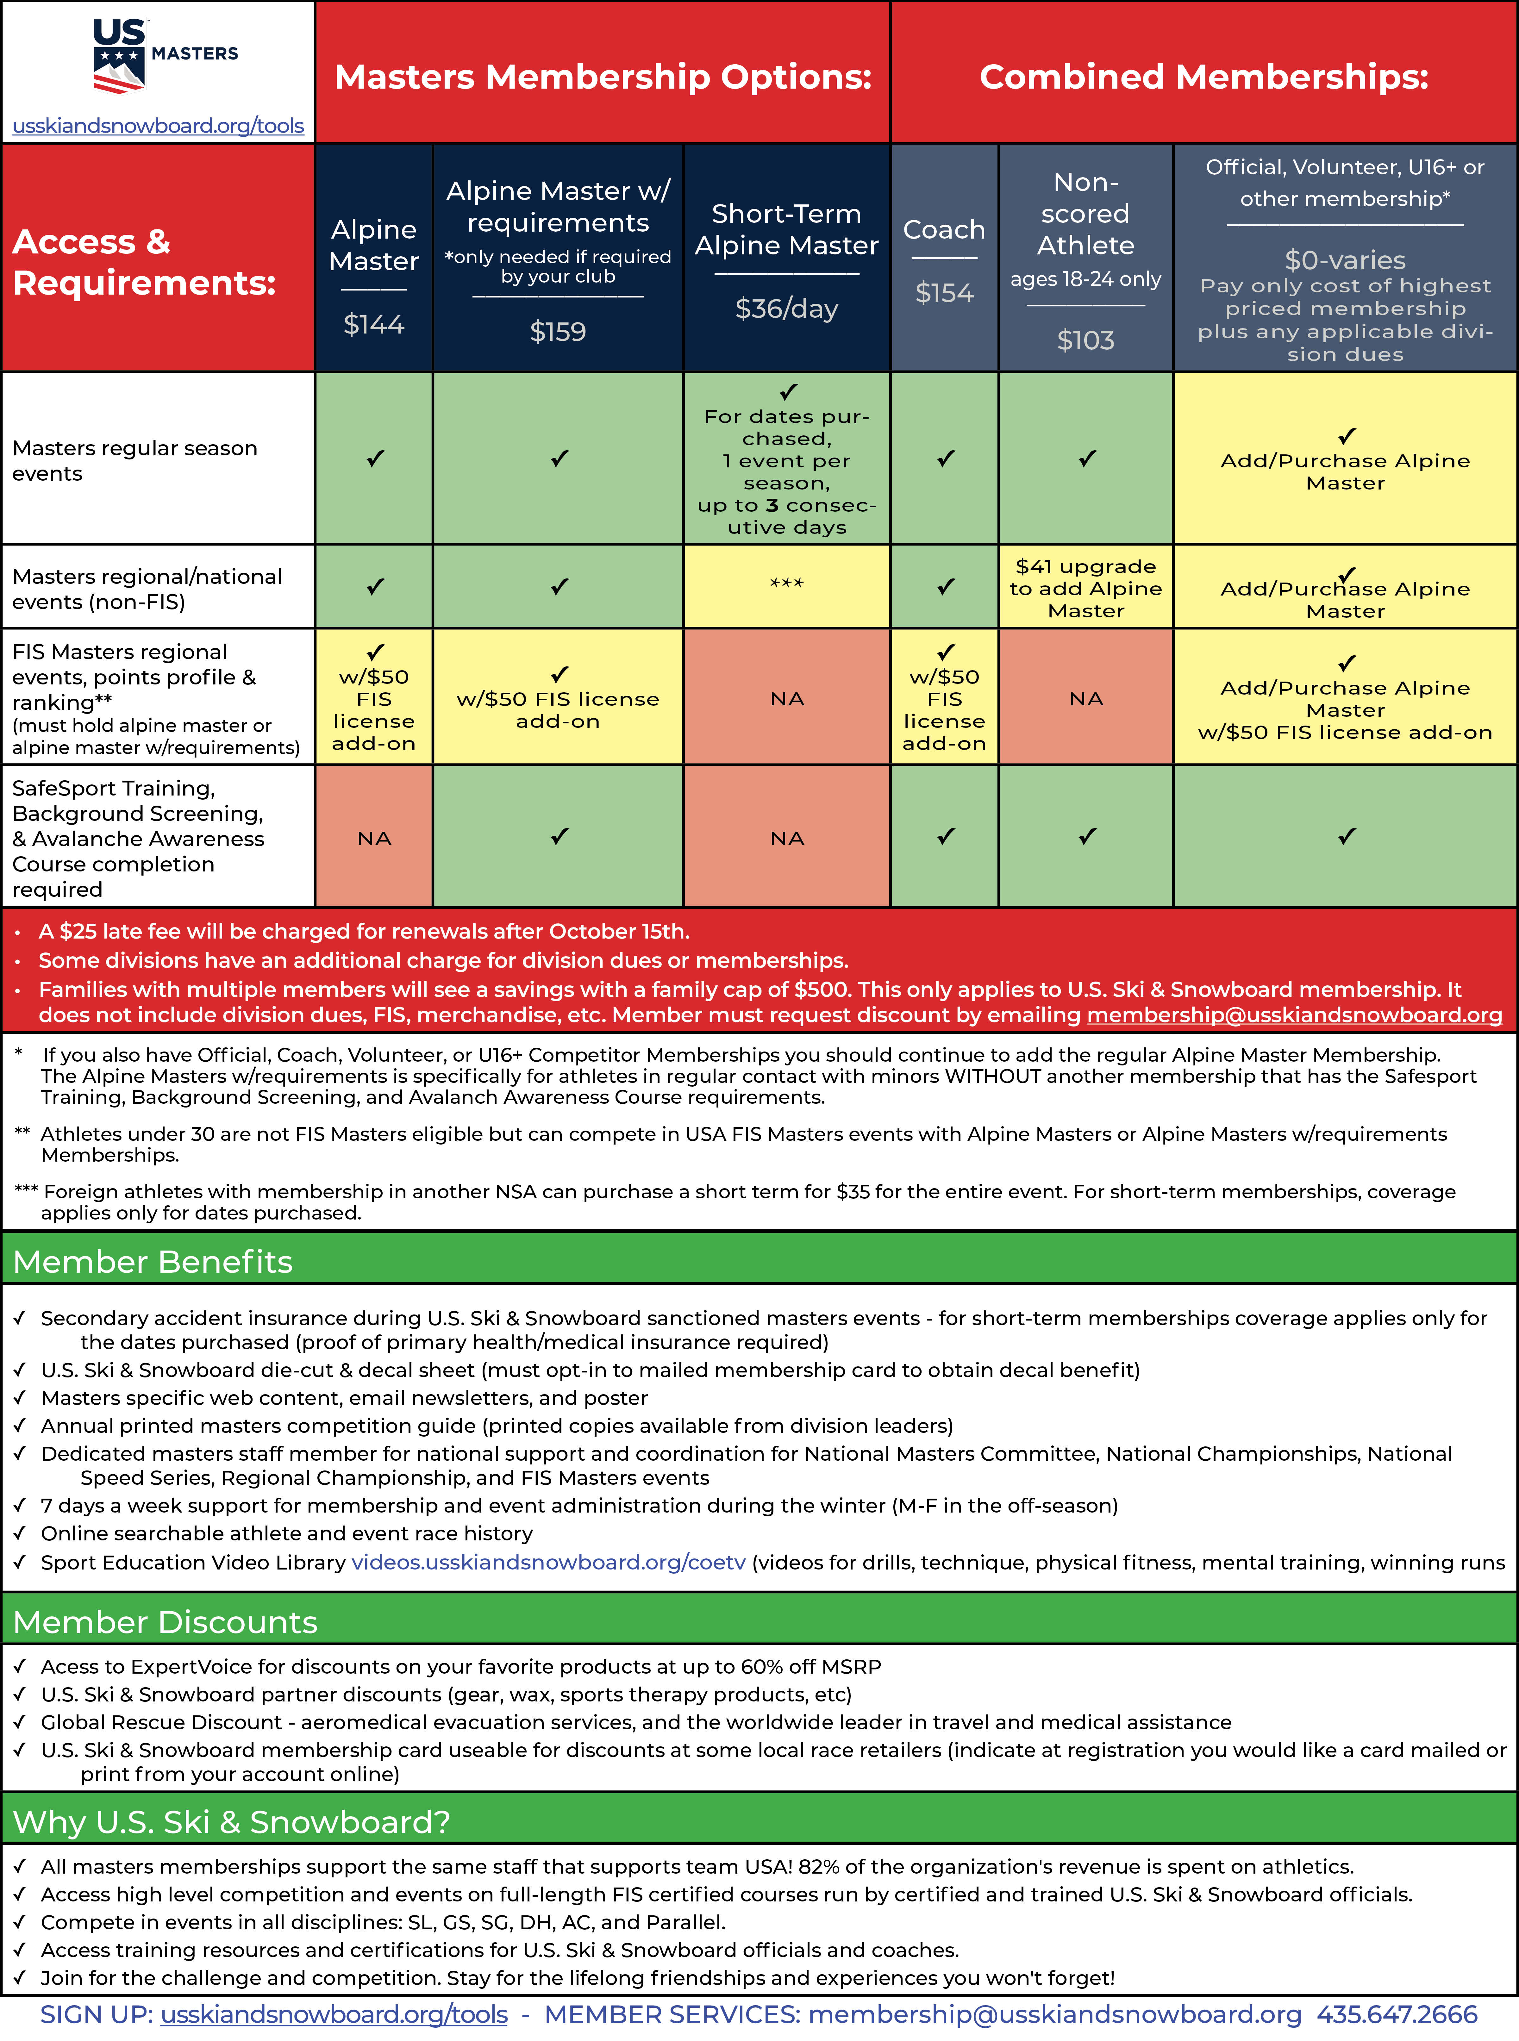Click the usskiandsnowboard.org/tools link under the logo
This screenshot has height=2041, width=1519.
pyautogui.click(x=158, y=126)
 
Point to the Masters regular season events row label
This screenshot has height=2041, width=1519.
pyautogui.click(x=135, y=461)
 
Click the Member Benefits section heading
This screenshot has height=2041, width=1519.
pyautogui.click(x=153, y=1261)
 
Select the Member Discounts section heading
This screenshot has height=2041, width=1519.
pyautogui.click(x=166, y=1622)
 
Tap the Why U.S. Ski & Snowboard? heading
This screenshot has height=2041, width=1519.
pyautogui.click(x=232, y=1821)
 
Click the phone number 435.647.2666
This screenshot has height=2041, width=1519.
pyautogui.click(x=1397, y=2014)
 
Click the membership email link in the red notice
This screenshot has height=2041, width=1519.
pyautogui.click(x=1294, y=1015)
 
